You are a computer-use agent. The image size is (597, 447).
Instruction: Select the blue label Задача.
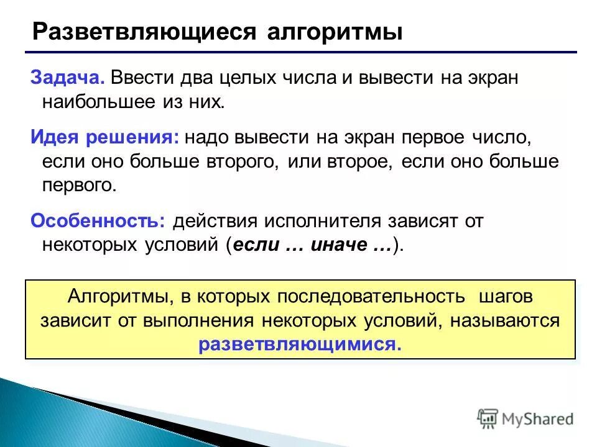click(x=67, y=79)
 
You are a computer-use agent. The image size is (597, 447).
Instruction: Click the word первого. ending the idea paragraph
click(x=79, y=184)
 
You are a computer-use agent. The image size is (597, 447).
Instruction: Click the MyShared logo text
click(x=539, y=419)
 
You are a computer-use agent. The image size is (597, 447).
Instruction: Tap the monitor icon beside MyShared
click(x=488, y=418)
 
